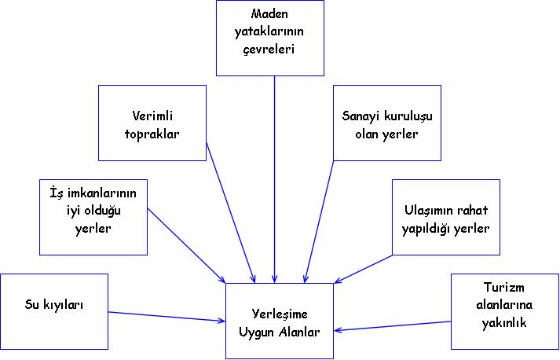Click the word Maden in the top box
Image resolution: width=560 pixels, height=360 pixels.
pyautogui.click(x=269, y=15)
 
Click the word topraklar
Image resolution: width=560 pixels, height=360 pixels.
pyautogui.click(x=152, y=134)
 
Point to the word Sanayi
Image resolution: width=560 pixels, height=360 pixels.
pyautogui.click(x=361, y=117)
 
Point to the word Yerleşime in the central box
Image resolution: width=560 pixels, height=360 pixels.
pyautogui.click(x=280, y=314)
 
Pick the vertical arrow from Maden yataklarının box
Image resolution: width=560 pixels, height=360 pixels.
pyautogui.click(x=274, y=181)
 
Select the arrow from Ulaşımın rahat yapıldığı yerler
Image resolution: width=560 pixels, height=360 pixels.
pyautogui.click(x=365, y=268)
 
